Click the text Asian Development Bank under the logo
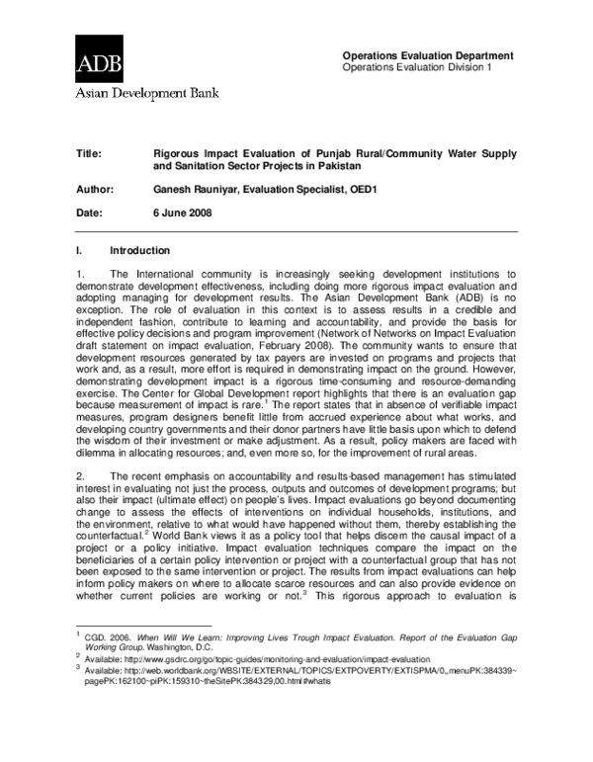(143, 96)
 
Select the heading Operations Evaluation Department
(427, 55)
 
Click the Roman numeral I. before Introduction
(79, 250)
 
